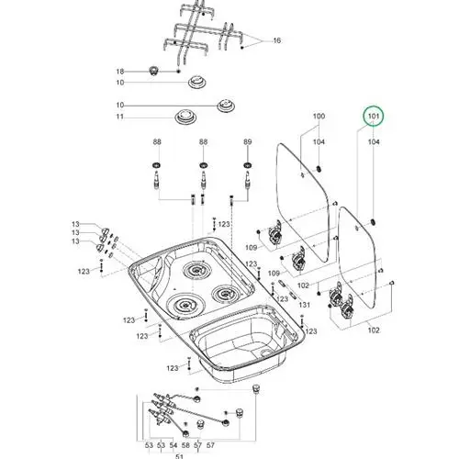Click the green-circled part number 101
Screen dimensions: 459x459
pyautogui.click(x=374, y=117)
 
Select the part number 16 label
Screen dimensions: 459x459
pyautogui.click(x=276, y=40)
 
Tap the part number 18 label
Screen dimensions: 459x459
pyautogui.click(x=120, y=72)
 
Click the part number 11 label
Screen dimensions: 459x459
pyautogui.click(x=120, y=117)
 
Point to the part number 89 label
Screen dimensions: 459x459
pyautogui.click(x=248, y=141)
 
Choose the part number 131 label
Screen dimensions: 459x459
pyautogui.click(x=305, y=305)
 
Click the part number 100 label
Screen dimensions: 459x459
pyautogui.click(x=319, y=117)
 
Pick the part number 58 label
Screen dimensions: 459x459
pyautogui.click(x=185, y=445)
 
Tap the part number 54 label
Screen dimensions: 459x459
pyautogui.click(x=174, y=445)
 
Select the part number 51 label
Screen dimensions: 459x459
pyautogui.click(x=180, y=456)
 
